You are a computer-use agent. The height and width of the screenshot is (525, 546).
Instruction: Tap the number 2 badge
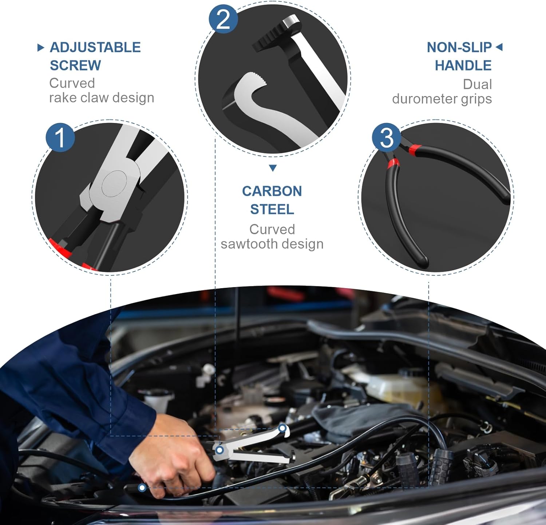(x=223, y=19)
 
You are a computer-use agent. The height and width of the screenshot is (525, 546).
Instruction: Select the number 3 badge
(x=386, y=138)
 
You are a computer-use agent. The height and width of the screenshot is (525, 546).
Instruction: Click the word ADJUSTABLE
(x=95, y=47)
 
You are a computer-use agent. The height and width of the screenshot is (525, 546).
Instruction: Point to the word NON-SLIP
(x=459, y=47)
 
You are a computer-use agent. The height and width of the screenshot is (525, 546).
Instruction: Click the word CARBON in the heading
(x=272, y=191)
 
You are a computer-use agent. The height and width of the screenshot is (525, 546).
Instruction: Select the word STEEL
(x=272, y=209)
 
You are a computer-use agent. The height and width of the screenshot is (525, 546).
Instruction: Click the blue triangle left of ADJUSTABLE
(x=41, y=47)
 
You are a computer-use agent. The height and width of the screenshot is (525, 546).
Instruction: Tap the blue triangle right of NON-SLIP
(x=499, y=47)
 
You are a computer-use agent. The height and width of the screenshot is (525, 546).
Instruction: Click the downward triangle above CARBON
(x=273, y=168)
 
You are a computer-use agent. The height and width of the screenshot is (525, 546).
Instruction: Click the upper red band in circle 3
(x=415, y=148)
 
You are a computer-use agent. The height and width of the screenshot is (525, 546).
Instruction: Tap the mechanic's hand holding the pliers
(x=175, y=458)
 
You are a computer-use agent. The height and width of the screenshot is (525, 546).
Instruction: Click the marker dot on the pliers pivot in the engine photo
(x=219, y=450)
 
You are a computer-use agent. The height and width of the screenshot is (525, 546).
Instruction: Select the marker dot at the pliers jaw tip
(x=282, y=428)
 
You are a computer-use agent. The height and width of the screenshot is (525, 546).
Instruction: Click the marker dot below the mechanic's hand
(x=142, y=488)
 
